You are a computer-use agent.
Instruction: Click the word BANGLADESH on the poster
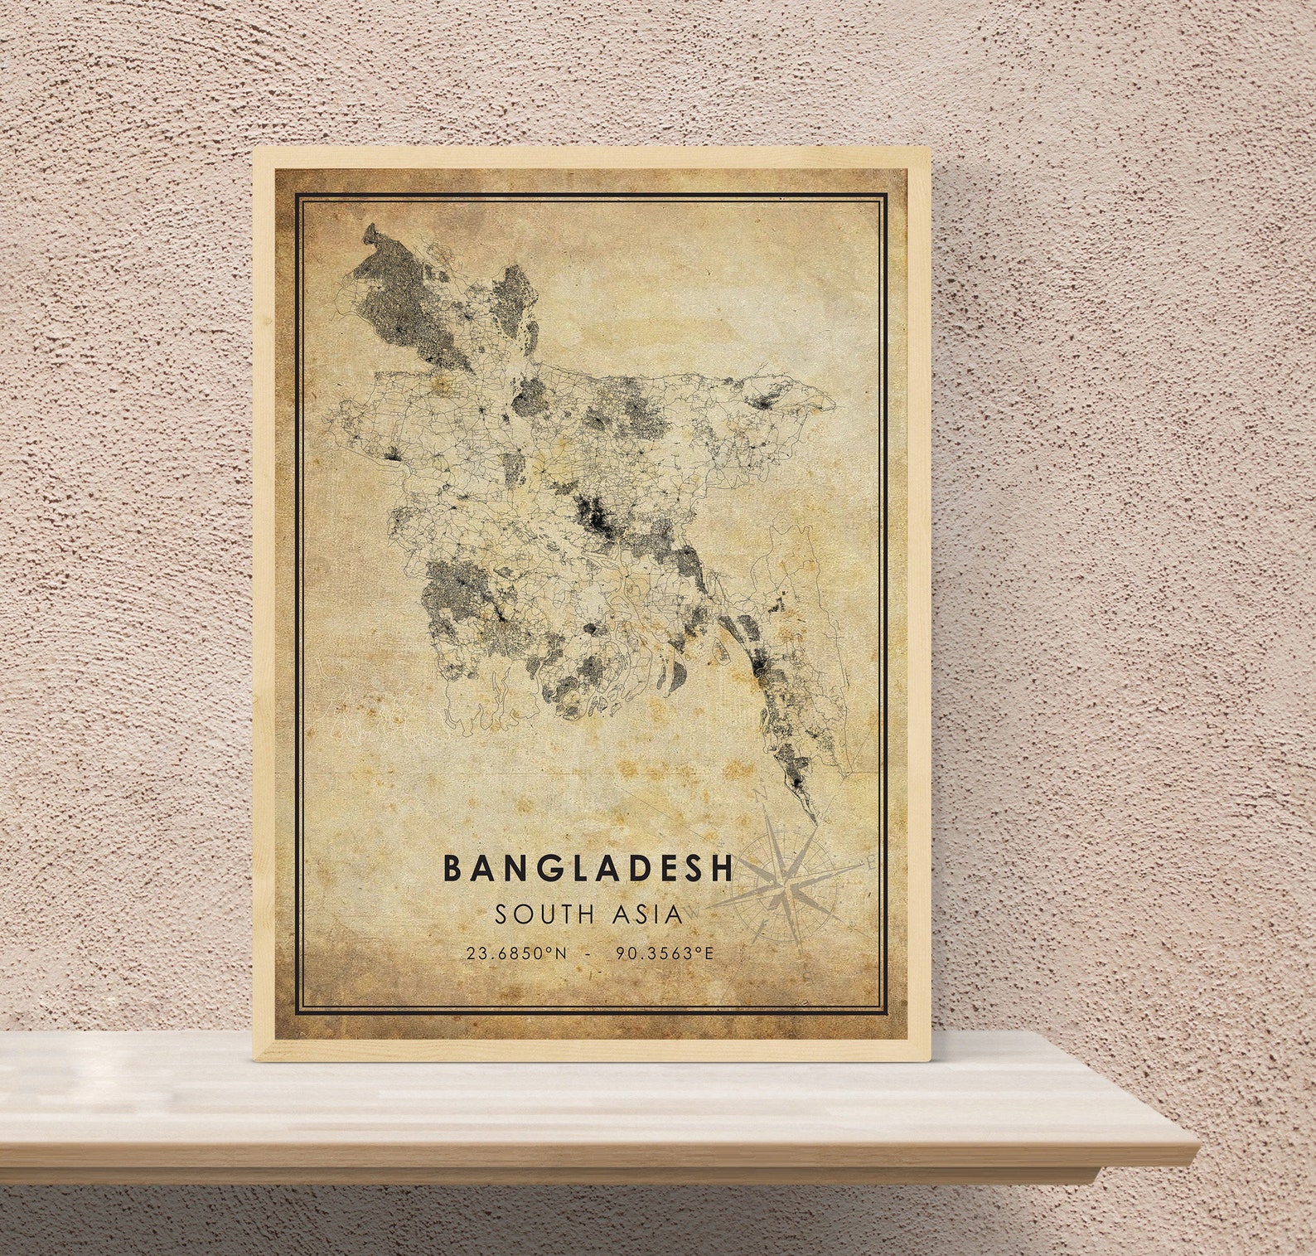click(x=588, y=868)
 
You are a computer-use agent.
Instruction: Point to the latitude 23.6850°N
click(x=516, y=953)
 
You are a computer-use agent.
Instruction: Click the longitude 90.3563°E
click(x=664, y=953)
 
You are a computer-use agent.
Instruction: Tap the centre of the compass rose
click(x=785, y=885)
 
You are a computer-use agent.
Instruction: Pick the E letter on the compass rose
click(x=869, y=862)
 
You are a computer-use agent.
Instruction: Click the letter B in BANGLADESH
click(x=452, y=868)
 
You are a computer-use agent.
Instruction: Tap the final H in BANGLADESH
click(x=723, y=868)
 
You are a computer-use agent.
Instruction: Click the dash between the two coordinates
click(x=589, y=953)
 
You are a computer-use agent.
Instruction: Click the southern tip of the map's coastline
click(x=815, y=821)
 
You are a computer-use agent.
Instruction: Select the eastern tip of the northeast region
click(x=833, y=405)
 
